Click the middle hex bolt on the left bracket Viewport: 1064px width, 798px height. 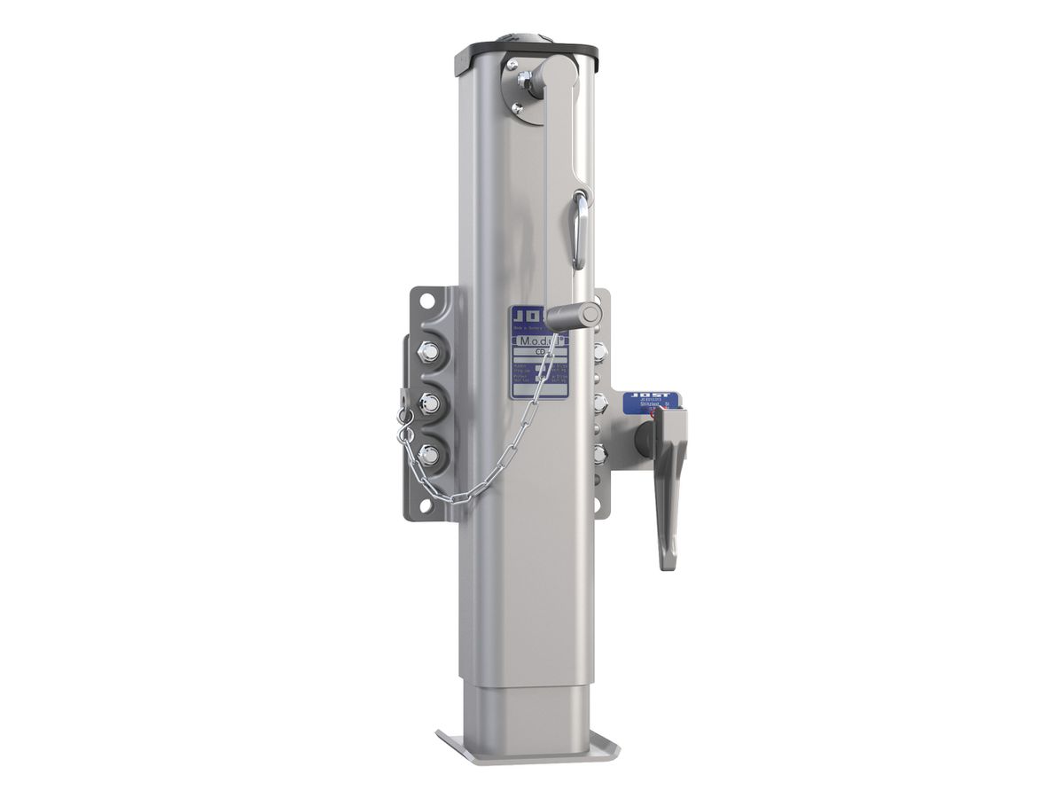coord(428,403)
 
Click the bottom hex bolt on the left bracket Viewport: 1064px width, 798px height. coord(428,456)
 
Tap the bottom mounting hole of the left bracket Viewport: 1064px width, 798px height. coord(426,505)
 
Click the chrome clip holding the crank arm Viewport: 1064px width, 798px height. coord(578,229)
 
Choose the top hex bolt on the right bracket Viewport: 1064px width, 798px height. coord(601,351)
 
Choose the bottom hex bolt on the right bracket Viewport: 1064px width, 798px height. coord(601,454)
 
